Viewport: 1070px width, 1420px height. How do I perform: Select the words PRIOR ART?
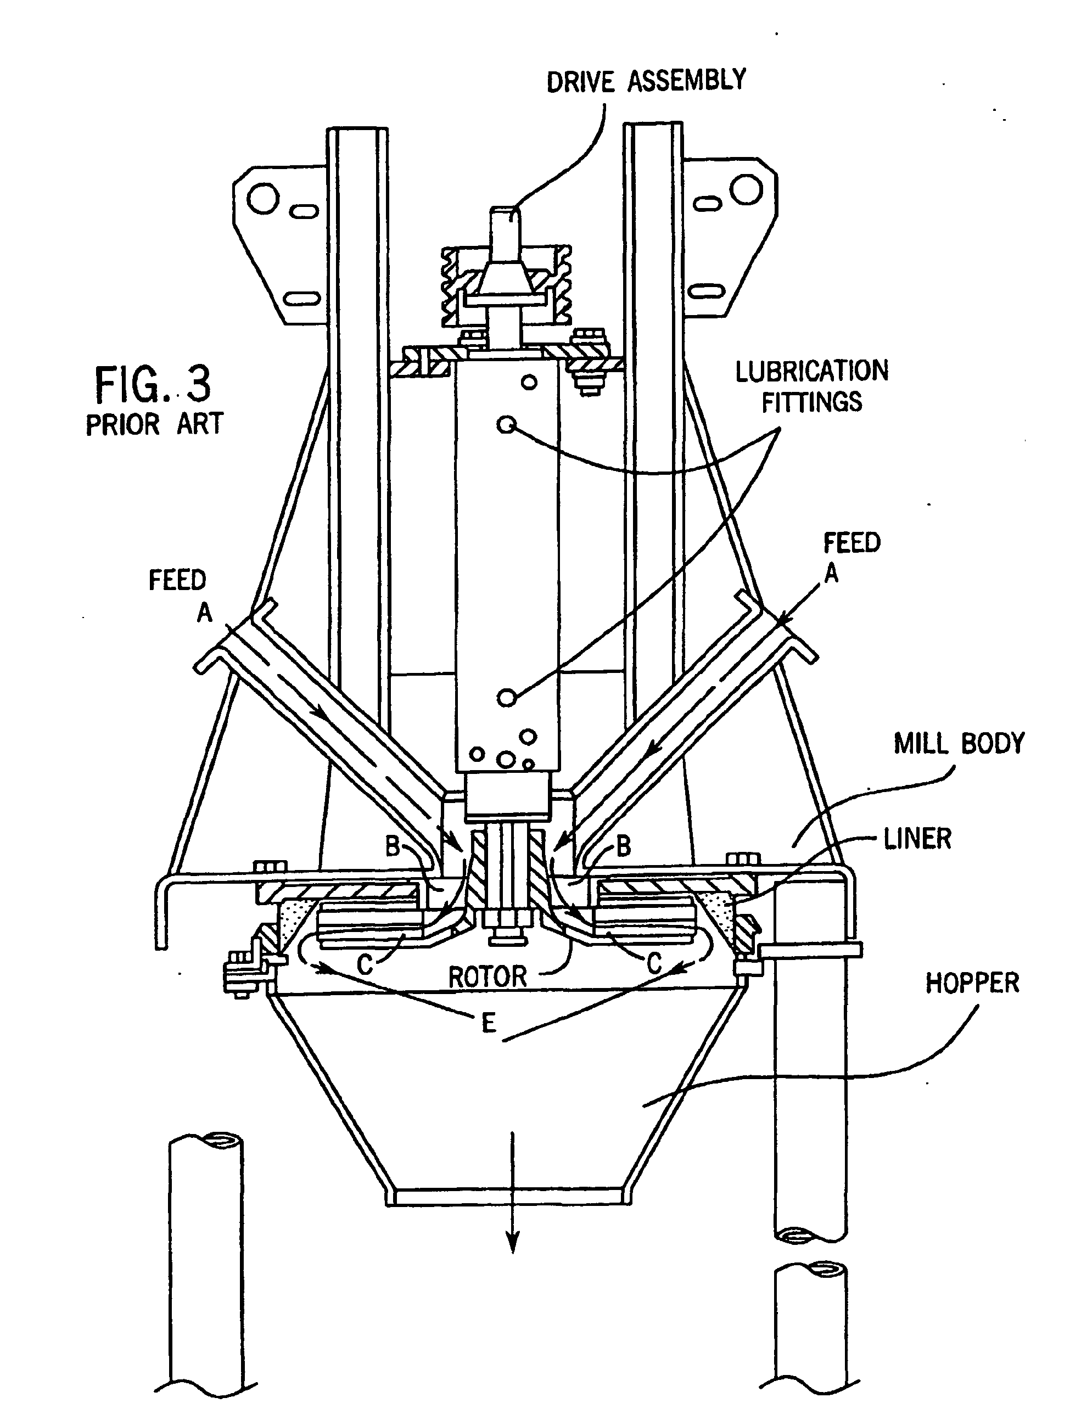(154, 424)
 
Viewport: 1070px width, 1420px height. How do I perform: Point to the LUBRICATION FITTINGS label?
(811, 386)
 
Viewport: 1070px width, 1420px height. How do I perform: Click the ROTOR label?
(488, 977)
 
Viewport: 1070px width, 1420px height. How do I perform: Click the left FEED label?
(177, 580)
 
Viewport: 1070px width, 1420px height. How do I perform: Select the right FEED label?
(851, 543)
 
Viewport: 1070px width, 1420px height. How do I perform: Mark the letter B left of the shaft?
(393, 847)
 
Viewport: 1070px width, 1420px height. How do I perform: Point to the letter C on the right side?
(654, 963)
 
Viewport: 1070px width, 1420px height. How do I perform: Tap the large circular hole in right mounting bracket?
(746, 189)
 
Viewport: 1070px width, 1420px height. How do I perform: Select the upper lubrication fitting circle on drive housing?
(507, 424)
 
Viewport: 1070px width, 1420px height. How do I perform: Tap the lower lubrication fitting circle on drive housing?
(507, 697)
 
